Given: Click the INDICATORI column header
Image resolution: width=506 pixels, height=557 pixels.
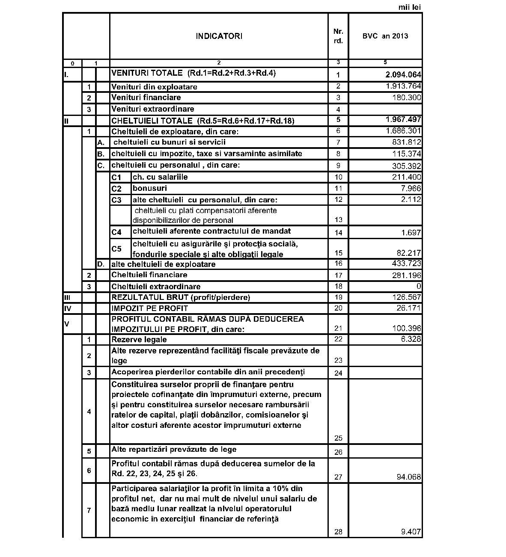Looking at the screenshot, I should (x=219, y=36).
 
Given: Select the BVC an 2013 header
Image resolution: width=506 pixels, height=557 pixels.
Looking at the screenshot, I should (x=385, y=36).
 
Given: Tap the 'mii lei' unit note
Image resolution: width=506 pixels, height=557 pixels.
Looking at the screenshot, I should (x=409, y=7).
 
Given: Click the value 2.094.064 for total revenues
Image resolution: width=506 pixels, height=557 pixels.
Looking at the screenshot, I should (x=403, y=75).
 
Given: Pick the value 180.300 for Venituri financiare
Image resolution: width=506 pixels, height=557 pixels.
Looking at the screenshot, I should (x=406, y=98).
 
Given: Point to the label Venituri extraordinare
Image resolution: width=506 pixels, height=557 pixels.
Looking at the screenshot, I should (x=153, y=109).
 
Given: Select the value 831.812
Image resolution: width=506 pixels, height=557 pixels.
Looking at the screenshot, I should (x=406, y=142).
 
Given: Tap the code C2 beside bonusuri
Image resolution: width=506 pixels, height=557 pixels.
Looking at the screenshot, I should (x=116, y=189).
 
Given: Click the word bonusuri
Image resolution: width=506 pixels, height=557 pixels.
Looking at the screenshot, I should (x=150, y=188).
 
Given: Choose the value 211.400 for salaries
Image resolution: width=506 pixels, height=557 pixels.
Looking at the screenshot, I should (x=406, y=177).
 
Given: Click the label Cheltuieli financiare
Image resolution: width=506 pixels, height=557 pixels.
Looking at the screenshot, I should (x=149, y=275).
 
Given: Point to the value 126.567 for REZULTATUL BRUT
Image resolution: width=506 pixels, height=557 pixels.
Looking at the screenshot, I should (x=406, y=297).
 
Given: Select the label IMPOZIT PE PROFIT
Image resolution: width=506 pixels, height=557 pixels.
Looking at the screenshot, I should (x=149, y=308).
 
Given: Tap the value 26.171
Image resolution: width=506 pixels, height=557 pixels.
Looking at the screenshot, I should (x=408, y=308).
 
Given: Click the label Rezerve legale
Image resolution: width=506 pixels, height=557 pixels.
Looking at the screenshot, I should (x=139, y=340).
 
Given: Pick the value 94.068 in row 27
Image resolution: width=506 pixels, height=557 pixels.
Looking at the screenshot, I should (x=408, y=477).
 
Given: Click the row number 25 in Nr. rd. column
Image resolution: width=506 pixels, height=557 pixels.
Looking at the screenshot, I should (x=338, y=438).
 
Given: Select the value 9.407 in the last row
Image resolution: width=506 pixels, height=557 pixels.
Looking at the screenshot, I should (x=411, y=532).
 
